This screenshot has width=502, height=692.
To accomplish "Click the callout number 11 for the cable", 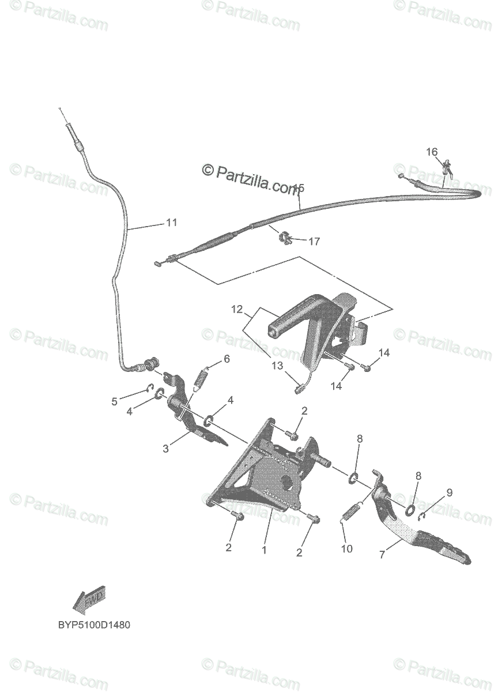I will click(172, 223).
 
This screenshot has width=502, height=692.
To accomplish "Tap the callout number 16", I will click(432, 152).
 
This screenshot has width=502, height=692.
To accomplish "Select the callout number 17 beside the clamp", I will click(314, 242).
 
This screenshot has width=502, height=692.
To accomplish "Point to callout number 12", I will click(237, 310).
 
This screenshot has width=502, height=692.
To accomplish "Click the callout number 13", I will click(278, 365).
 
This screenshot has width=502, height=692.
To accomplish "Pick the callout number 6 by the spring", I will click(227, 359).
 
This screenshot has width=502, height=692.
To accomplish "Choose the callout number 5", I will click(114, 401).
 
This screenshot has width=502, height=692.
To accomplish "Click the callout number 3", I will click(166, 448).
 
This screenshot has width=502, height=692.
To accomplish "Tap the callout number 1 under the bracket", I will click(264, 550).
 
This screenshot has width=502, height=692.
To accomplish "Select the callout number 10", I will click(346, 549).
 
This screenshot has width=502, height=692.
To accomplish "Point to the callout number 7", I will click(382, 555).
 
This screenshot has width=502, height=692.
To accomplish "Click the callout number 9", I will click(449, 492).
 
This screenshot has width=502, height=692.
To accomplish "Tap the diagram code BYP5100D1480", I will click(93, 625).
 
